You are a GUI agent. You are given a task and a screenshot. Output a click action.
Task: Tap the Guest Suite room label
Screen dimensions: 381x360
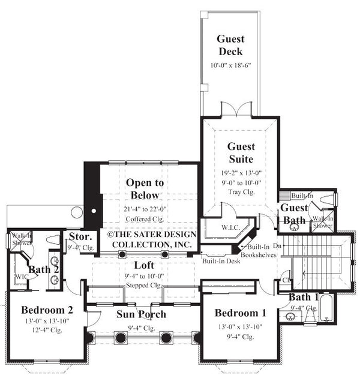241,152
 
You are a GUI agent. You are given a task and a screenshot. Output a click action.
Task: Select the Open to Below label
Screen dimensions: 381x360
143,188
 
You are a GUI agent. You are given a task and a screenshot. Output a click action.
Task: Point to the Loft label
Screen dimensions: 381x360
144,265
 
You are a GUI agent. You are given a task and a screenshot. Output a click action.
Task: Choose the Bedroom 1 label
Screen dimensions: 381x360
240,313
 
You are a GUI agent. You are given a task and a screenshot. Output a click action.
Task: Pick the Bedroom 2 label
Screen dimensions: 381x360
47,310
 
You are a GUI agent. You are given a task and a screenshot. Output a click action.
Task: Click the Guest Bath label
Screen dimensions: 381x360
294,214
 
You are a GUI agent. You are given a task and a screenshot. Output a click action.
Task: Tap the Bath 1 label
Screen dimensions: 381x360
299,297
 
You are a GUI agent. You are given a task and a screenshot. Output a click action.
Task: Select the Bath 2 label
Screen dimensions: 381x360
43,269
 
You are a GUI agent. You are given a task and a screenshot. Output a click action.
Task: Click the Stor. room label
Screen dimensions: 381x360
80,236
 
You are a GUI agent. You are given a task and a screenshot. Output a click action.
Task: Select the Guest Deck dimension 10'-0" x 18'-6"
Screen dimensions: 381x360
230,65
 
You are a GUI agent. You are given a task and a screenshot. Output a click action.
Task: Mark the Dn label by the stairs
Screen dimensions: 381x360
276,246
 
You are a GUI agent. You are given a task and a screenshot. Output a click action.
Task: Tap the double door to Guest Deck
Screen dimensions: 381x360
232,110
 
